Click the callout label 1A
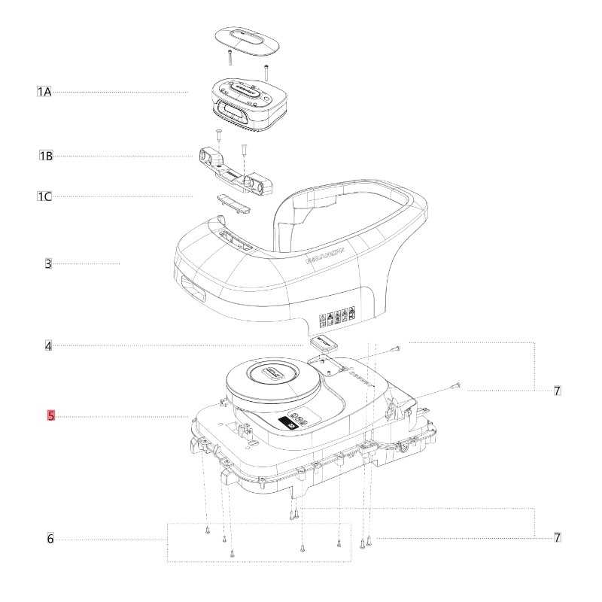(x=44, y=92)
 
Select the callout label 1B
(x=45, y=157)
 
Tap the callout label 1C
(x=45, y=197)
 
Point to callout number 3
(x=48, y=264)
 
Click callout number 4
(x=48, y=346)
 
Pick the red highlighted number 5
(x=50, y=415)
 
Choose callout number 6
(x=50, y=539)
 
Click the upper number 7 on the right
(x=557, y=391)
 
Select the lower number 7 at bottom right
(x=557, y=537)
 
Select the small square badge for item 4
(x=323, y=342)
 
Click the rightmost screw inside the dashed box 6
(x=339, y=543)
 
